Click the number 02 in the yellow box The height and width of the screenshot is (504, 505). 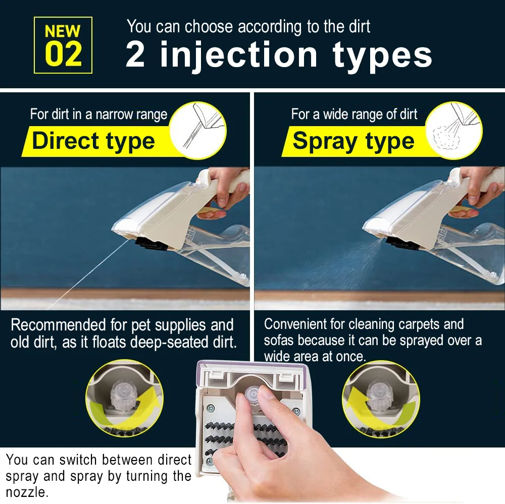[x=63, y=54]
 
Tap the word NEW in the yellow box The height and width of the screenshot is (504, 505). [x=63, y=31]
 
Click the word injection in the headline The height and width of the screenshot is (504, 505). [x=239, y=55]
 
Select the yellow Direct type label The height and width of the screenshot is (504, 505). [x=96, y=141]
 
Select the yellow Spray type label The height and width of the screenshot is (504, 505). [x=355, y=141]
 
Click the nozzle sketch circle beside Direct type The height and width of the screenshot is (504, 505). [x=198, y=130]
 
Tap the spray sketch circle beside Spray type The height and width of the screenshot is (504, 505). [x=454, y=130]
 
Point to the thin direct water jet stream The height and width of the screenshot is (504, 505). [x=90, y=273]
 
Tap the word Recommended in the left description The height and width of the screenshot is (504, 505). [x=58, y=325]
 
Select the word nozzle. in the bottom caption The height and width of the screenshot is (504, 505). [x=27, y=492]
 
